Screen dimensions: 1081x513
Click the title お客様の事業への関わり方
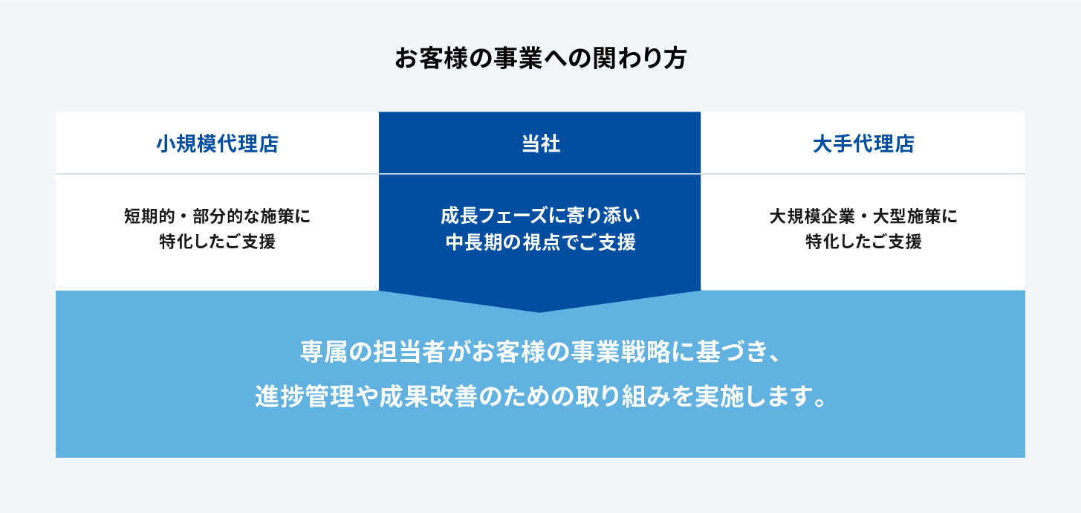541,59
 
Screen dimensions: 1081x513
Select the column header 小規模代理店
217,144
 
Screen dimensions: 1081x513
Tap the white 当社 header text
541,144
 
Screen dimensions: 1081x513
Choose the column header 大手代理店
863,144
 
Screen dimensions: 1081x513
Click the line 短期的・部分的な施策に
217,216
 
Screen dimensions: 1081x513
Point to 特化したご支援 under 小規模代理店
217,241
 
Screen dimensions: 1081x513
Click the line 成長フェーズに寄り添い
540,216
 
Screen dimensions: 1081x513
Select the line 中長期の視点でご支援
540,242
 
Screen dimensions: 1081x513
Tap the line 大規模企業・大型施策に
863,216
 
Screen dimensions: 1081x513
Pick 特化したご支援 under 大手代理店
863,241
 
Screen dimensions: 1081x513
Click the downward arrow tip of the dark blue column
539,312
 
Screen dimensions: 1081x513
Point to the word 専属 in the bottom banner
324,352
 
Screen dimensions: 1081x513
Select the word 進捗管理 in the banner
305,396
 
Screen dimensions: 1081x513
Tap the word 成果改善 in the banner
428,396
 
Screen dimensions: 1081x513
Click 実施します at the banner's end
756,396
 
